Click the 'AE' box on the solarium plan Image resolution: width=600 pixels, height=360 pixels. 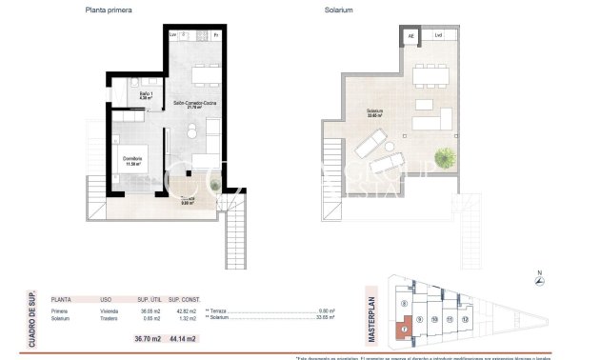(x=410, y=36)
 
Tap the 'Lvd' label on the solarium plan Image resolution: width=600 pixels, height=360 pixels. (x=438, y=36)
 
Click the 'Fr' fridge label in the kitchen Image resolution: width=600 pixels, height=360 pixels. (x=216, y=36)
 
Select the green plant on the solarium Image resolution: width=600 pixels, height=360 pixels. (x=445, y=155)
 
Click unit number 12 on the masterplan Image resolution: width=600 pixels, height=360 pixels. (x=465, y=320)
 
